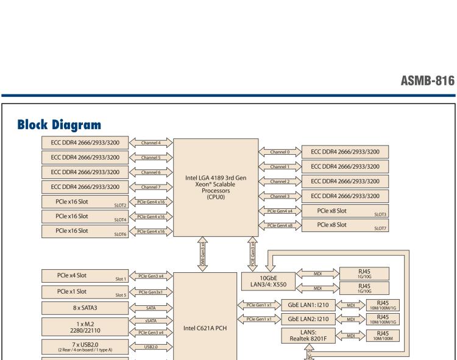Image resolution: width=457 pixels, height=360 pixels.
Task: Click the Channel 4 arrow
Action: (151, 143)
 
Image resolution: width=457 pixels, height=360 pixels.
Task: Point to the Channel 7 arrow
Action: (151, 187)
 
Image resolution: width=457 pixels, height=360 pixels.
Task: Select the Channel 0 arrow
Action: (280, 152)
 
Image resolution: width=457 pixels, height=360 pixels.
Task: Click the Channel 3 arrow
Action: (280, 196)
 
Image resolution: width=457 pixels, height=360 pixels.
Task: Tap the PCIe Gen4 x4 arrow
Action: (280, 211)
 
